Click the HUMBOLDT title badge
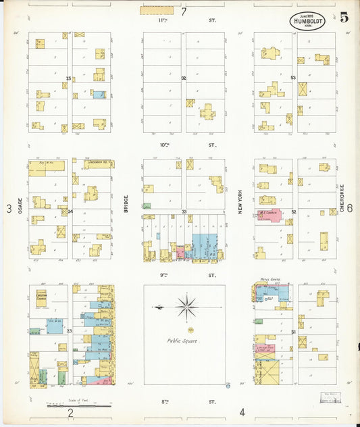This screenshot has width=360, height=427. (311, 21)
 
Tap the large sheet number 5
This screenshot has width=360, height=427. (344, 18)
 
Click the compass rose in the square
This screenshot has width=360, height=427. (186, 307)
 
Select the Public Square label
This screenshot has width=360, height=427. (183, 341)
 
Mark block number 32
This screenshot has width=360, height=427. (183, 78)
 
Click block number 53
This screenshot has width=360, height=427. (293, 78)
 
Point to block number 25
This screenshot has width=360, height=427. (69, 78)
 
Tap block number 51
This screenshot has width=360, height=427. (294, 331)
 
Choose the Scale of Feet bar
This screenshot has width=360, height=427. (79, 406)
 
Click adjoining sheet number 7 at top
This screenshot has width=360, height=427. (183, 11)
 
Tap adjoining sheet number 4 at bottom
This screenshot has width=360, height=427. (241, 411)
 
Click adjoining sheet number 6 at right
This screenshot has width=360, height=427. (350, 209)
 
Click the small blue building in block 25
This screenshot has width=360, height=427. (99, 95)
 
